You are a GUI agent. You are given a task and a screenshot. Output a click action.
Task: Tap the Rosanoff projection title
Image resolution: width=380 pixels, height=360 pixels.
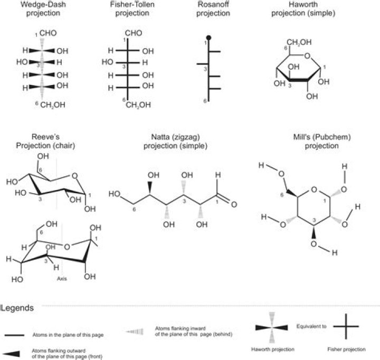point(213,10)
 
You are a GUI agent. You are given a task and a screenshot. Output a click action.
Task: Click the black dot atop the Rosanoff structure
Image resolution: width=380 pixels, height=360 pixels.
point(209,37)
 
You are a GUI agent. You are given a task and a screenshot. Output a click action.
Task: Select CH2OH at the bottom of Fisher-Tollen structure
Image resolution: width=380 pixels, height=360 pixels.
point(138,105)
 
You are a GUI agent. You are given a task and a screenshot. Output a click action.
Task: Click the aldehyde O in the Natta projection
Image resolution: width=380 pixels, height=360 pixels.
point(234,204)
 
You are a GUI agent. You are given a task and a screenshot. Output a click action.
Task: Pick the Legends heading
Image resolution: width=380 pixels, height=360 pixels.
point(18,307)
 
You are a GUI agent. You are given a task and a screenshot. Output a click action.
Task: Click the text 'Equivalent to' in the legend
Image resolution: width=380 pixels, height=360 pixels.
point(311,326)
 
